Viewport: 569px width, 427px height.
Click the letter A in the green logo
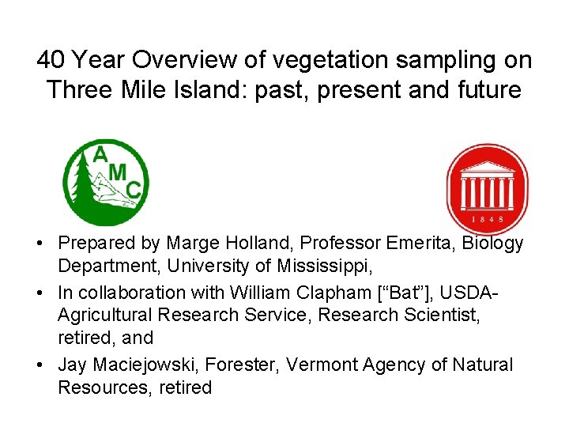(x=100, y=155)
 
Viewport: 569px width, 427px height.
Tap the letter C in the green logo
(x=134, y=189)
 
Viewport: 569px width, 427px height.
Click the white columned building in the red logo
(x=487, y=187)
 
